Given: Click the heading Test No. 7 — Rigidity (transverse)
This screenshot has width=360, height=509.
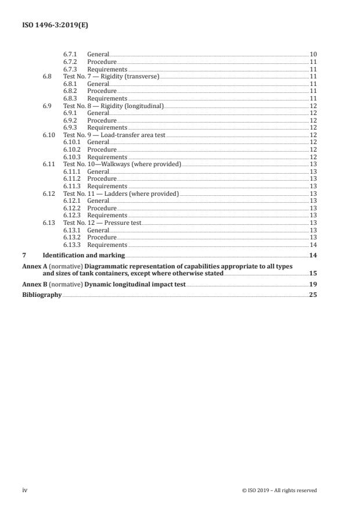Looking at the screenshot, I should click(110, 76).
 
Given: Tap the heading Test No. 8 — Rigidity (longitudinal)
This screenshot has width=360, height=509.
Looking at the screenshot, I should click(113, 106).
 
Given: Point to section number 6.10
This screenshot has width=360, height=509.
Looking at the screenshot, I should click(49, 135).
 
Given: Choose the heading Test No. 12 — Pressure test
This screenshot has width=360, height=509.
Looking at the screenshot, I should click(102, 223).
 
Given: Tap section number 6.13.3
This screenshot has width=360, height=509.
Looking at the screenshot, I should click(72, 245).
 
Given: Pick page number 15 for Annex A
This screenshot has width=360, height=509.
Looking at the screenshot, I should click(313, 273).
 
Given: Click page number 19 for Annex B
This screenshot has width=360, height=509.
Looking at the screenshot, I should click(313, 284).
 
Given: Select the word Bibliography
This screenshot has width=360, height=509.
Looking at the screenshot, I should click(41, 295).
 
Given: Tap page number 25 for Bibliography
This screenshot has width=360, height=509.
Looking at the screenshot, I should click(313, 295).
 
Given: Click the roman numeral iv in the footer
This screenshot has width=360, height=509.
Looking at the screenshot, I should click(25, 490).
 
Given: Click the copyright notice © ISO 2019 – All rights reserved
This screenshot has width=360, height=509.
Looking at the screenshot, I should click(279, 490).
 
